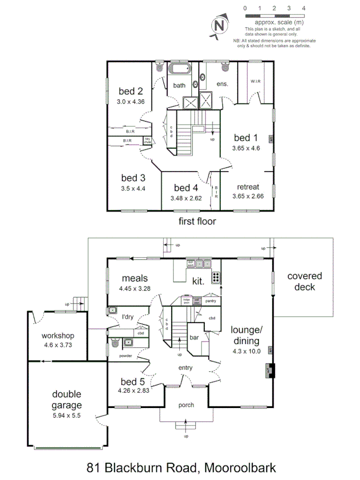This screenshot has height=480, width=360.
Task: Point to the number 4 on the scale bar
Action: click(x=303, y=9)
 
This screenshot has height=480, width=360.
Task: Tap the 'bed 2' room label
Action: click(x=131, y=91)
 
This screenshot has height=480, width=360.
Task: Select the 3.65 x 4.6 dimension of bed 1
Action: click(x=246, y=148)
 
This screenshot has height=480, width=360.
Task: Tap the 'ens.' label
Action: click(x=222, y=84)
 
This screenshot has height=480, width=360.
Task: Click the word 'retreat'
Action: click(x=248, y=187)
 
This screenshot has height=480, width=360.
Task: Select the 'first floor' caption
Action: click(x=197, y=220)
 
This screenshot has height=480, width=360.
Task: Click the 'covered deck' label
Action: click(x=305, y=282)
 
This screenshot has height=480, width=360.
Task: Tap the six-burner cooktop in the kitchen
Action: click(x=217, y=277)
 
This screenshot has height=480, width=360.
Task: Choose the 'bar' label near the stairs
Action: click(x=195, y=338)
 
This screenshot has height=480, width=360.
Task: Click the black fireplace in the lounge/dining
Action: click(x=270, y=370)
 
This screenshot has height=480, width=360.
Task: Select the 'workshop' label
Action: click(x=58, y=336)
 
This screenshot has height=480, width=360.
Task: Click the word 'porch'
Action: click(x=186, y=405)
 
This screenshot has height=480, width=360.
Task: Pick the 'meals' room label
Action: click(x=134, y=278)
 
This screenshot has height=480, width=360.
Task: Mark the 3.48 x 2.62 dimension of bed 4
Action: click(x=186, y=198)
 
